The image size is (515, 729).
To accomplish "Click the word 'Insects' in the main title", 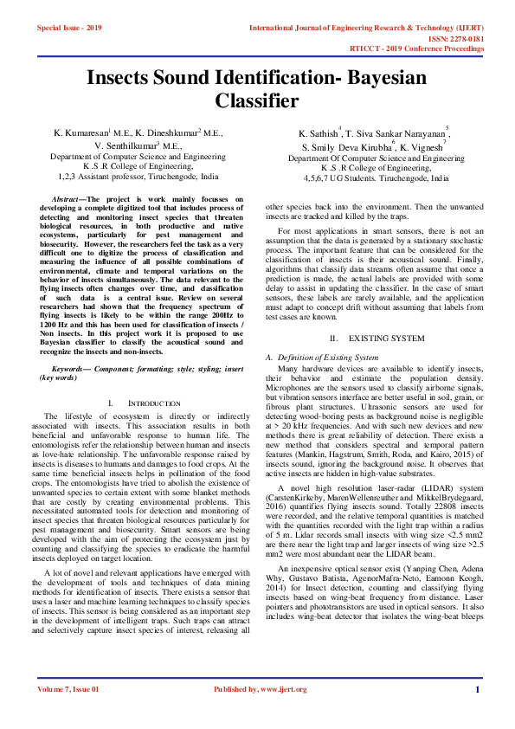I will (130, 78).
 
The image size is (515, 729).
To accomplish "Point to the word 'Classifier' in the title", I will (256, 101).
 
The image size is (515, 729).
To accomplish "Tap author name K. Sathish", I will (319, 134).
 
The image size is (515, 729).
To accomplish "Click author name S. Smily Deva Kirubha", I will (345, 148).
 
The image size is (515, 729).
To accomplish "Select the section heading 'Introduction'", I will (142, 404).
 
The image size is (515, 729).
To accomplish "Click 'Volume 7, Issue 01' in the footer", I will (68, 713).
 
